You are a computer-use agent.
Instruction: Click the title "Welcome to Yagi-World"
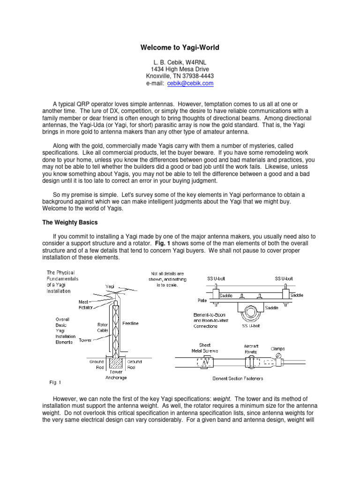click(x=180, y=47)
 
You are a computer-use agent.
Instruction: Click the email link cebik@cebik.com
click(x=194, y=83)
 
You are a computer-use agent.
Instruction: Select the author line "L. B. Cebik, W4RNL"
click(x=180, y=61)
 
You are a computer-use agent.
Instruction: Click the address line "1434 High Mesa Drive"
click(x=180, y=68)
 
